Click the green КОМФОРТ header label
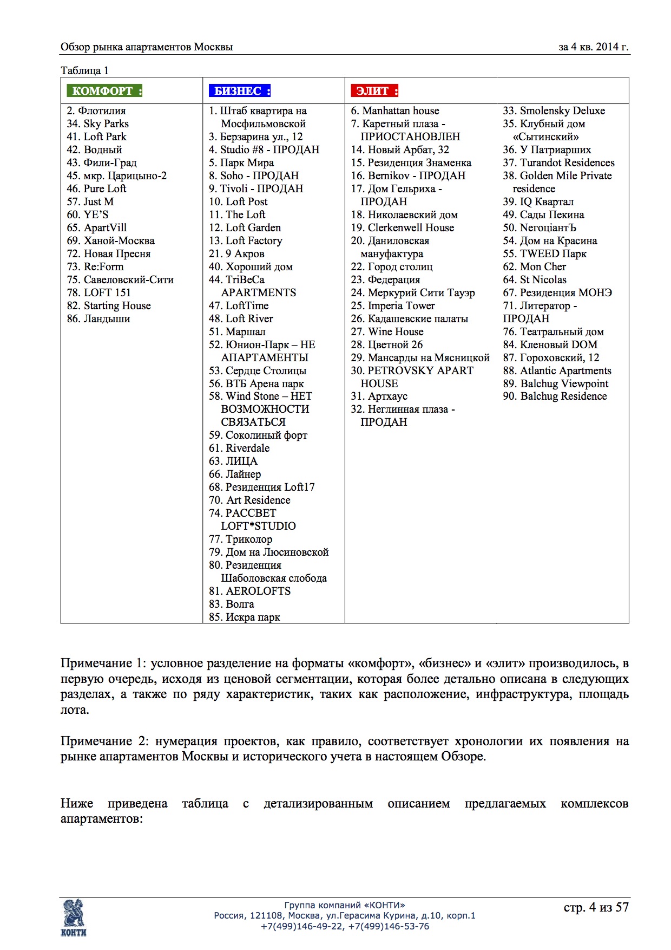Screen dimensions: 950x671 104,91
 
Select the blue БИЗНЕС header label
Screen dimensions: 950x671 240,91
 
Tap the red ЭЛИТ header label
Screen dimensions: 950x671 374,91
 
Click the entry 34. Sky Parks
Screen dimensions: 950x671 98,123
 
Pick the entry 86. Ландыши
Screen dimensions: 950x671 98,318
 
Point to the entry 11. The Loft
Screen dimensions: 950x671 237,214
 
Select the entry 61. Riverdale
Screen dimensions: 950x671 239,448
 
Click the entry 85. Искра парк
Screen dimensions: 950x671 245,617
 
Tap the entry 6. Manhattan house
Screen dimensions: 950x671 395,110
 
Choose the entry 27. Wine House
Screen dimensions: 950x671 387,331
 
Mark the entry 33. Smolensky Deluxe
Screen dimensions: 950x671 554,110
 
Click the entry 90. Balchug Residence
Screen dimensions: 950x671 555,396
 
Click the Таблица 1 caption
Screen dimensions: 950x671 84,70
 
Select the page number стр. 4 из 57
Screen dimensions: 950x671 596,907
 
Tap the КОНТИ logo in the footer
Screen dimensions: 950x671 74,917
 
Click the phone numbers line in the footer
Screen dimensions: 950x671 345,926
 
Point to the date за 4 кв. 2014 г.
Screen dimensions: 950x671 594,47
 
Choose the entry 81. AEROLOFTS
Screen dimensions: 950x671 250,591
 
